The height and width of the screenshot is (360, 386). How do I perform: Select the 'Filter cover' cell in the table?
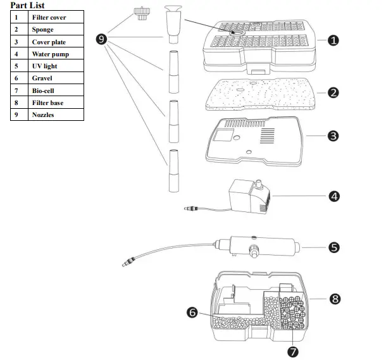49,18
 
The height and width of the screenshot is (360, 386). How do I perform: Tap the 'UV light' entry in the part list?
45,66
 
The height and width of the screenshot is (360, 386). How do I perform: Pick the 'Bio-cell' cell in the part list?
44,90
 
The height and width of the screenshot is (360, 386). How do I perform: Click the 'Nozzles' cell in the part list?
44,115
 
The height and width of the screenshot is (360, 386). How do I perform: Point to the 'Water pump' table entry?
50,54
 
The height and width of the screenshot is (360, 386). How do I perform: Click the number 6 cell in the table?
16,78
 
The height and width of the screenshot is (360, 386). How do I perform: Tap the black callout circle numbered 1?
333,40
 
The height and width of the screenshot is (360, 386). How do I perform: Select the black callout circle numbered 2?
333,92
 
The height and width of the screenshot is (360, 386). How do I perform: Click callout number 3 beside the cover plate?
333,135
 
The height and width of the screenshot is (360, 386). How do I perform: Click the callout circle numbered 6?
192,313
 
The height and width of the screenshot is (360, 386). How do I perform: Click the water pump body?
244,194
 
